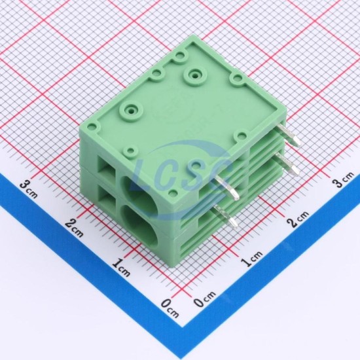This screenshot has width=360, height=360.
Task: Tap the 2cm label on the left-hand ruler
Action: pyautogui.click(x=74, y=228)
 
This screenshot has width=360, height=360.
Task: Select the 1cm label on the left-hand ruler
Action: pyautogui.click(x=121, y=267)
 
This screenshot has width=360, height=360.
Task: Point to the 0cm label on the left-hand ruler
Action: pyautogui.click(x=170, y=308)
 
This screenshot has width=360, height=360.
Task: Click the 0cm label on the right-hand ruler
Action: pyautogui.click(x=205, y=299)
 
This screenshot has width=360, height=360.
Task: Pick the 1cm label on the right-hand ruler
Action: pyautogui.click(x=251, y=259)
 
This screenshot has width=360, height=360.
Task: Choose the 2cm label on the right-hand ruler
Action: pyautogui.click(x=298, y=219)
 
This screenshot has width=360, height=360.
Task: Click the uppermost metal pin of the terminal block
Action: pyautogui.click(x=289, y=135)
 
